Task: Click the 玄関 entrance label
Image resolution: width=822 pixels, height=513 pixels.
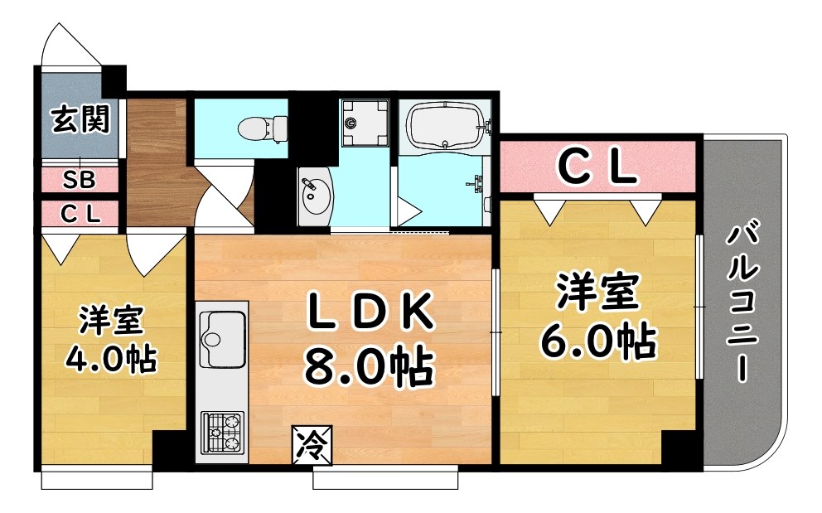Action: tap(80, 120)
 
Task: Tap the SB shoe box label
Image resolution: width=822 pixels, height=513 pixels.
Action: tap(80, 179)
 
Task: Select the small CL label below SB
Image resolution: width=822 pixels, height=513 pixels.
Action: tap(80, 213)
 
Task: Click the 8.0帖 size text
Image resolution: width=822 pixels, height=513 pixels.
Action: tap(369, 365)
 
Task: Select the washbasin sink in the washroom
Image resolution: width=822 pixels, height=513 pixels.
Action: tap(314, 193)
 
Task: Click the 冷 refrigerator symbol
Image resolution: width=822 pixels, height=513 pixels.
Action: tap(312, 446)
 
